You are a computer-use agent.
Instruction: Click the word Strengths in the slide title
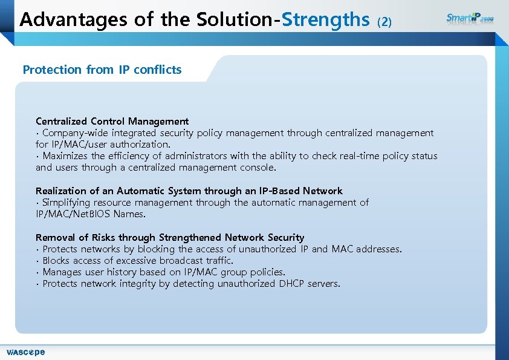click(x=325, y=20)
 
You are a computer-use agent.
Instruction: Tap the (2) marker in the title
click(x=384, y=22)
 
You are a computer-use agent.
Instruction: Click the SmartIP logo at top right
click(x=470, y=18)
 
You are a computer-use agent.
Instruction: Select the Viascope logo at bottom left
click(x=25, y=352)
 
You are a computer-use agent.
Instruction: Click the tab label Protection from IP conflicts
click(x=102, y=70)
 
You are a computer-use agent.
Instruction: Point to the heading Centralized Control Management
click(x=112, y=121)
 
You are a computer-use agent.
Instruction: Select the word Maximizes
click(x=66, y=155)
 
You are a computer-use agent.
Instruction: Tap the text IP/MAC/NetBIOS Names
click(x=91, y=214)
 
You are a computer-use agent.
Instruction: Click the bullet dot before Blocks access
click(x=37, y=261)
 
